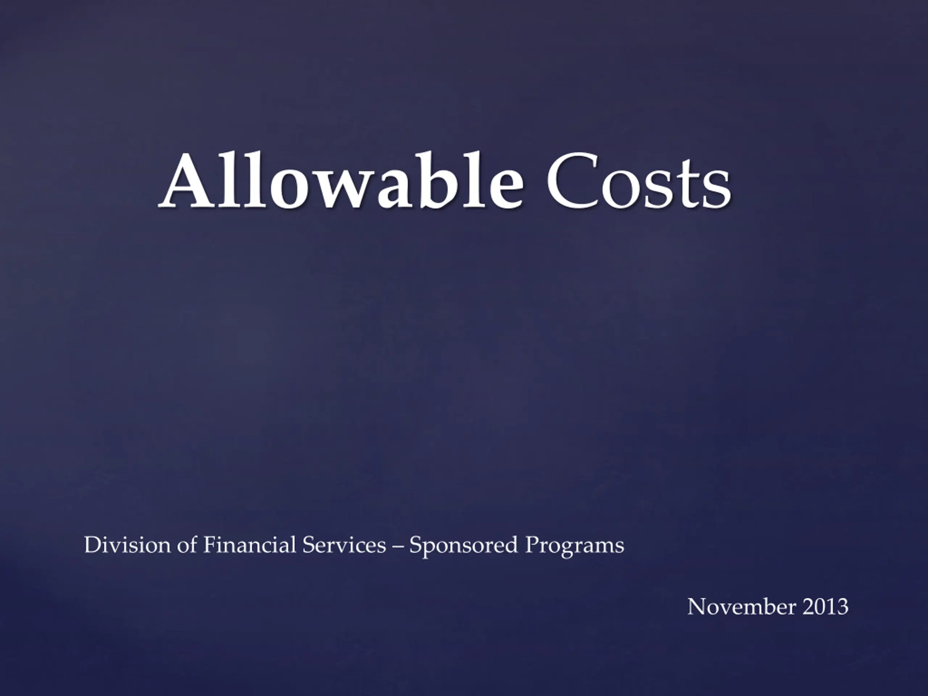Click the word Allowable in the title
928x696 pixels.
click(x=341, y=181)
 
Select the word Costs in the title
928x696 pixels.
click(x=638, y=181)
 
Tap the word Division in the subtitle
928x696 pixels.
click(x=128, y=545)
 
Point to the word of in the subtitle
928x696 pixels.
click(x=187, y=545)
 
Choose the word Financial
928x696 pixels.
click(x=250, y=545)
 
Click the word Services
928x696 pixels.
click(x=344, y=545)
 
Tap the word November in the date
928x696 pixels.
click(x=741, y=606)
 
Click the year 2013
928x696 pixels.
click(x=825, y=606)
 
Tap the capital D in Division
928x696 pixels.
click(x=94, y=545)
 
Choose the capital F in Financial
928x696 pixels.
click(x=210, y=545)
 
